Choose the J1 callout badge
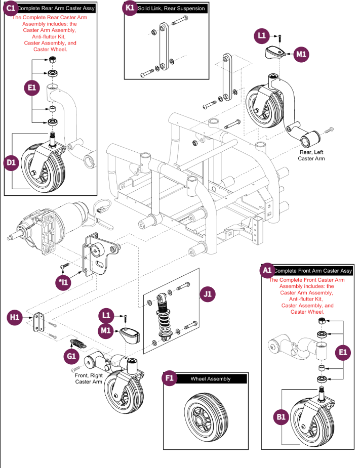tap(208, 293)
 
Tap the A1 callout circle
tap(267, 271)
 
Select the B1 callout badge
tap(282, 417)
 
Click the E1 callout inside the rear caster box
tap(32, 88)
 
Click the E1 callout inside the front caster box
tap(343, 352)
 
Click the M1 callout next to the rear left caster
tap(301, 54)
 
